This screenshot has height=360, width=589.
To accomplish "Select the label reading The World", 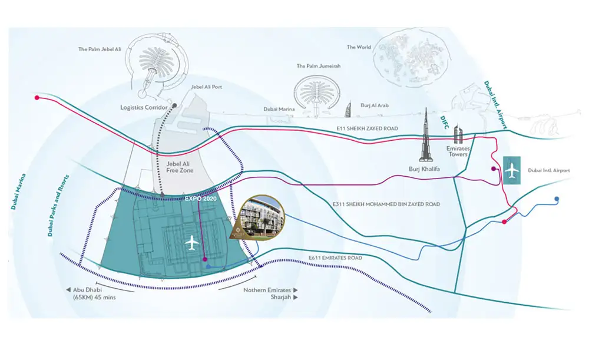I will (x=359, y=47).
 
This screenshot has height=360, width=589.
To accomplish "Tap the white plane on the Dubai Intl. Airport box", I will (x=512, y=170).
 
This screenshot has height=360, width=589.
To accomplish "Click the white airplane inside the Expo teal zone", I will (x=191, y=242).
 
